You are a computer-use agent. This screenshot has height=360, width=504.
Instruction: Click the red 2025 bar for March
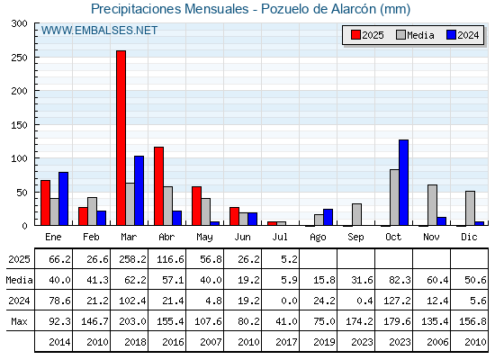(121, 138)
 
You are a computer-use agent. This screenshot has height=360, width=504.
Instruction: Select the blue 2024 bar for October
(404, 183)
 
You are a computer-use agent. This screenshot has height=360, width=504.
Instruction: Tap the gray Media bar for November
(432, 205)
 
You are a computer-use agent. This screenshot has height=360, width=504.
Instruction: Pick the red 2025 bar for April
(158, 186)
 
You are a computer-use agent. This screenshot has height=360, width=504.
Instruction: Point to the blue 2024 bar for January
(63, 199)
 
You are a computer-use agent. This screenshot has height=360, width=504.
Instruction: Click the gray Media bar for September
(356, 214)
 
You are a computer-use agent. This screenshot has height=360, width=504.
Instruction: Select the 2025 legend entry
(367, 35)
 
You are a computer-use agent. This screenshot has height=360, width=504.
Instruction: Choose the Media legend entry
(415, 35)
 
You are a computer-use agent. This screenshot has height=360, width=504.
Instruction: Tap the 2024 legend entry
(463, 35)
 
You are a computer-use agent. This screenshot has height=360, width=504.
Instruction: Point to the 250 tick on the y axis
(19, 58)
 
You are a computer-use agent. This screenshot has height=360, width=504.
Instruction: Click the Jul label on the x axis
(280, 237)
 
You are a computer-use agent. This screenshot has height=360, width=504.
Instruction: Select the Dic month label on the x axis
(469, 237)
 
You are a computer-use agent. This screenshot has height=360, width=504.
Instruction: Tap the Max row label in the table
(19, 321)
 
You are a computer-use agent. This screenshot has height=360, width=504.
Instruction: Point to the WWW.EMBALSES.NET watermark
(99, 31)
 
